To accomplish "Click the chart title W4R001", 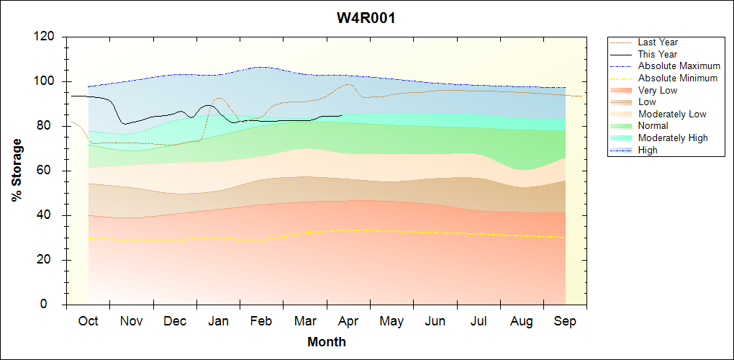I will click(x=366, y=18).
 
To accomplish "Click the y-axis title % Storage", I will click(x=17, y=170).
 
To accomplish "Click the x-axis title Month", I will click(x=327, y=342).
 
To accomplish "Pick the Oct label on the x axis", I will click(x=88, y=321).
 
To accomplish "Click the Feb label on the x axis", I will click(x=261, y=321).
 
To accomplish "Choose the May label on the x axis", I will click(x=391, y=321).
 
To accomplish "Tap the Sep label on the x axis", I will click(x=565, y=321).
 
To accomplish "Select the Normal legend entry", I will click(x=653, y=126).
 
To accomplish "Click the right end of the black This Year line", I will click(x=342, y=115).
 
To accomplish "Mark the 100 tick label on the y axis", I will click(x=47, y=81).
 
